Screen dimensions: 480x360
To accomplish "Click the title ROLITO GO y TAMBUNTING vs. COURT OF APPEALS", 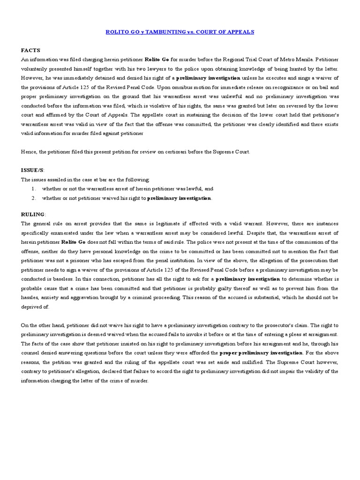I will [180, 31].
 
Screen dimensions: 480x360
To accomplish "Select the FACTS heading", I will [30, 50].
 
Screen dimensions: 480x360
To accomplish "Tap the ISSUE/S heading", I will [32, 170].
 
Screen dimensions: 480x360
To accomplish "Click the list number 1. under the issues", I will [34, 188].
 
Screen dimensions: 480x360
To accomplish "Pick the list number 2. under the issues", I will [34, 198].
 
